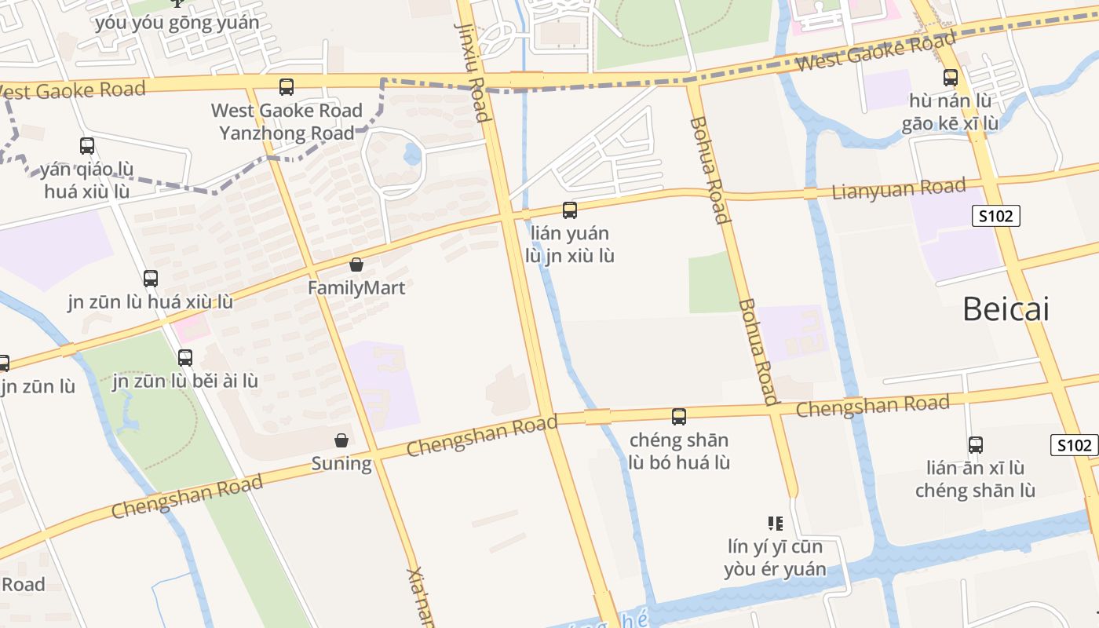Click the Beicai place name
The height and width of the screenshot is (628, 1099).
coord(1006,310)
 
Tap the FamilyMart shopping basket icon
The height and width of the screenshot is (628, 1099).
coord(356,265)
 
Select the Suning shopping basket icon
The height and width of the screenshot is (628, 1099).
coord(341,440)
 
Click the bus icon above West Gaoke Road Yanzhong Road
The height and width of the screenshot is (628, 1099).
coord(287,87)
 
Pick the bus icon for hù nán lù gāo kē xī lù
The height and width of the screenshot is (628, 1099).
coord(951,78)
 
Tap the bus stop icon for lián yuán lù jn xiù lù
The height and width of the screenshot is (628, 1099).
coord(570,210)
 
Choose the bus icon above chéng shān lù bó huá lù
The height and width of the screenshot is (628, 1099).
coord(679,417)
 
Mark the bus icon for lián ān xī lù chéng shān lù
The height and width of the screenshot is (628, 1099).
coord(976,445)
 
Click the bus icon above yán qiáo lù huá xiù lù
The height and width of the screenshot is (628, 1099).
coord(87,146)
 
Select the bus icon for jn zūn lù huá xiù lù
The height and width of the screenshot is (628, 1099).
coord(151,279)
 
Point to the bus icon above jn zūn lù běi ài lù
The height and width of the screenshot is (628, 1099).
coord(185,358)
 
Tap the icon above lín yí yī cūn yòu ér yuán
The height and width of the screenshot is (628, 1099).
coord(776,524)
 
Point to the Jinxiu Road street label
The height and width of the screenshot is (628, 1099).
coord(473,72)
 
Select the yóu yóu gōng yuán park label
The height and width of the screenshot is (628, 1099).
coord(177,23)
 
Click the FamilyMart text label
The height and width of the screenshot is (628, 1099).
coord(356,288)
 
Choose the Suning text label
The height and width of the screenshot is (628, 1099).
coord(341,464)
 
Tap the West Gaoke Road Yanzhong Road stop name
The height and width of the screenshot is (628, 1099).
coord(287,122)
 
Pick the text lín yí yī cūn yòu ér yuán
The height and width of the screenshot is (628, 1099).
coord(776,558)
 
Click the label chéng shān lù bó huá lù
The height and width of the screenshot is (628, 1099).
coord(679,451)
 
